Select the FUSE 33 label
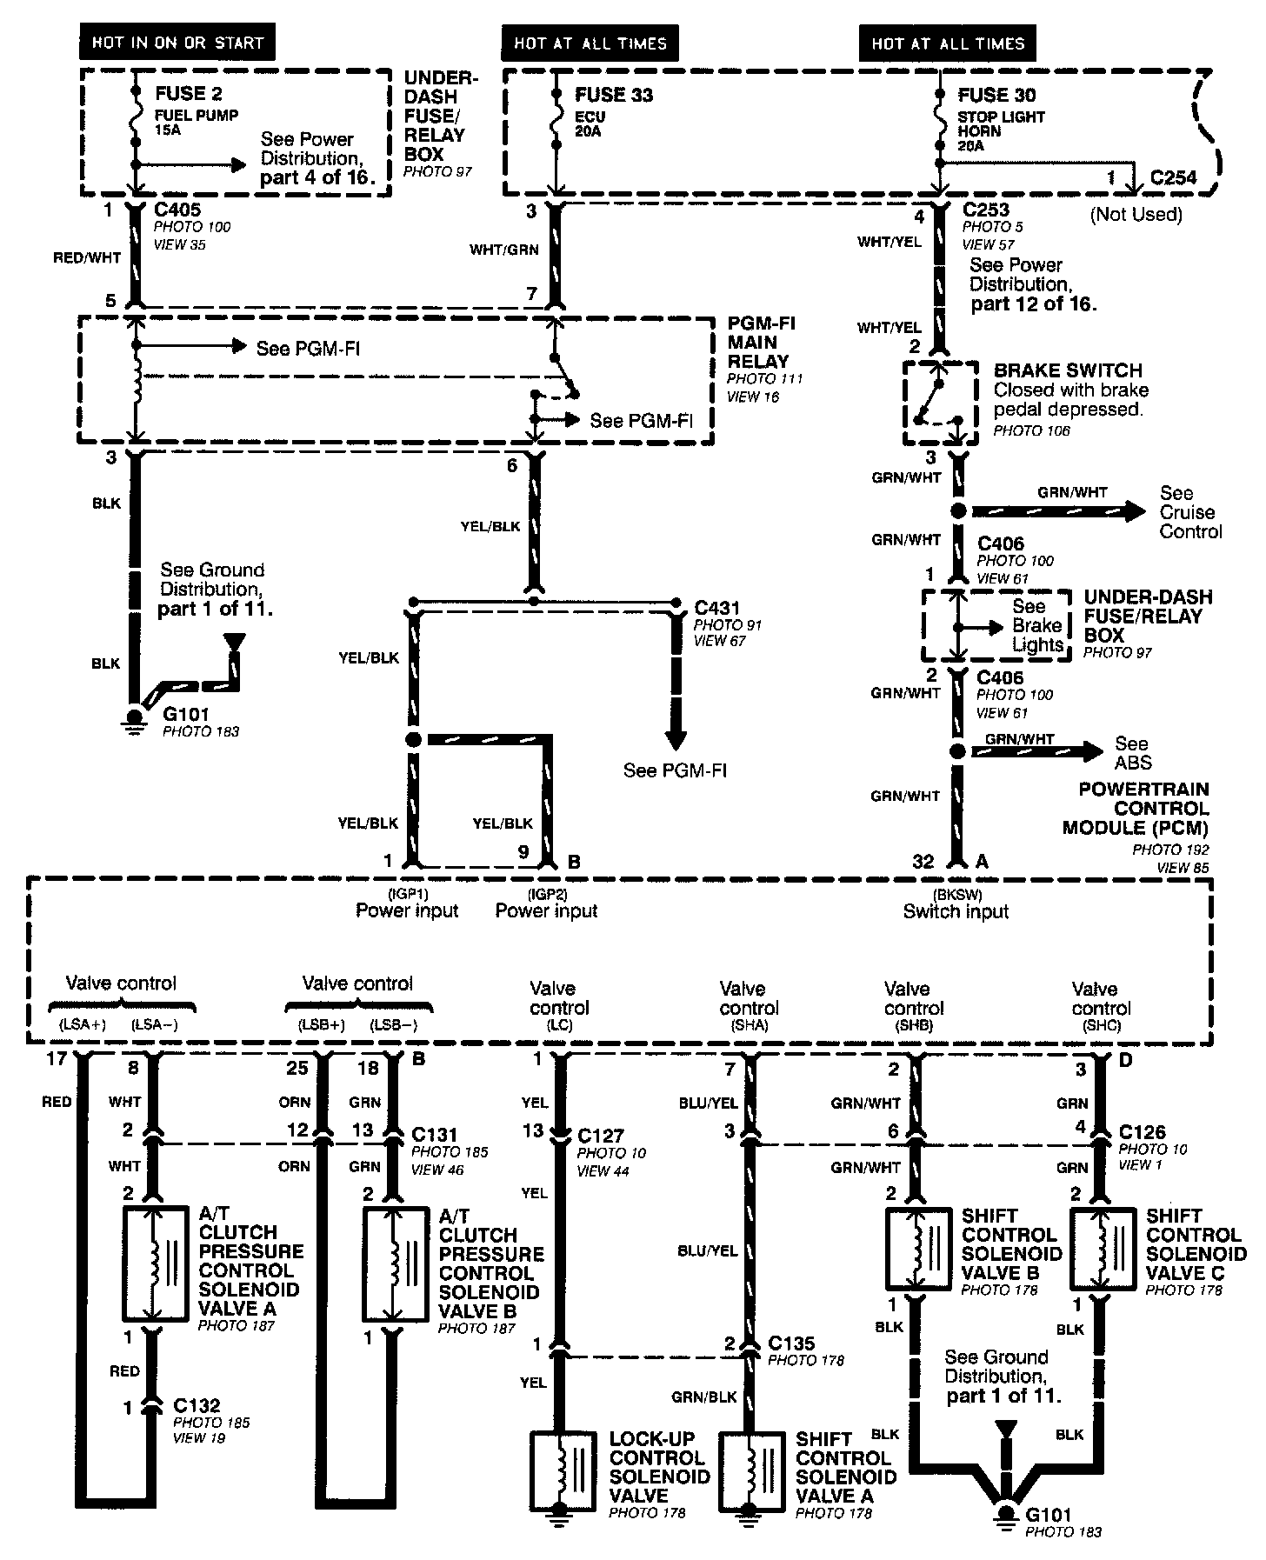[x=614, y=95]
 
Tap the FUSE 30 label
[x=996, y=95]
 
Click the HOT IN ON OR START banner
[x=177, y=43]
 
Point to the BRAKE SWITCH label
[x=1068, y=370]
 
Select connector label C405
[x=177, y=210]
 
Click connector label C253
[x=986, y=210]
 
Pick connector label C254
[x=1173, y=177]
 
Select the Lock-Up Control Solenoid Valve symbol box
[x=563, y=1470]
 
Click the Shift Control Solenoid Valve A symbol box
[x=750, y=1470]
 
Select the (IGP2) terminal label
[x=546, y=893]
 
